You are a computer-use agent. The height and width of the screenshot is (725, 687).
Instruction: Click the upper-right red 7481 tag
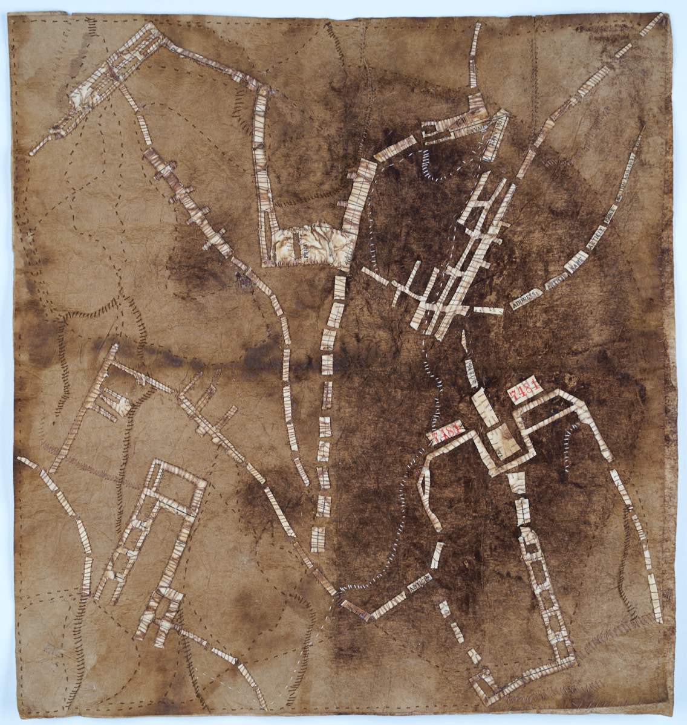524,394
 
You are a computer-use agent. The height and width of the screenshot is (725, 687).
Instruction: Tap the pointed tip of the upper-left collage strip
33,150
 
